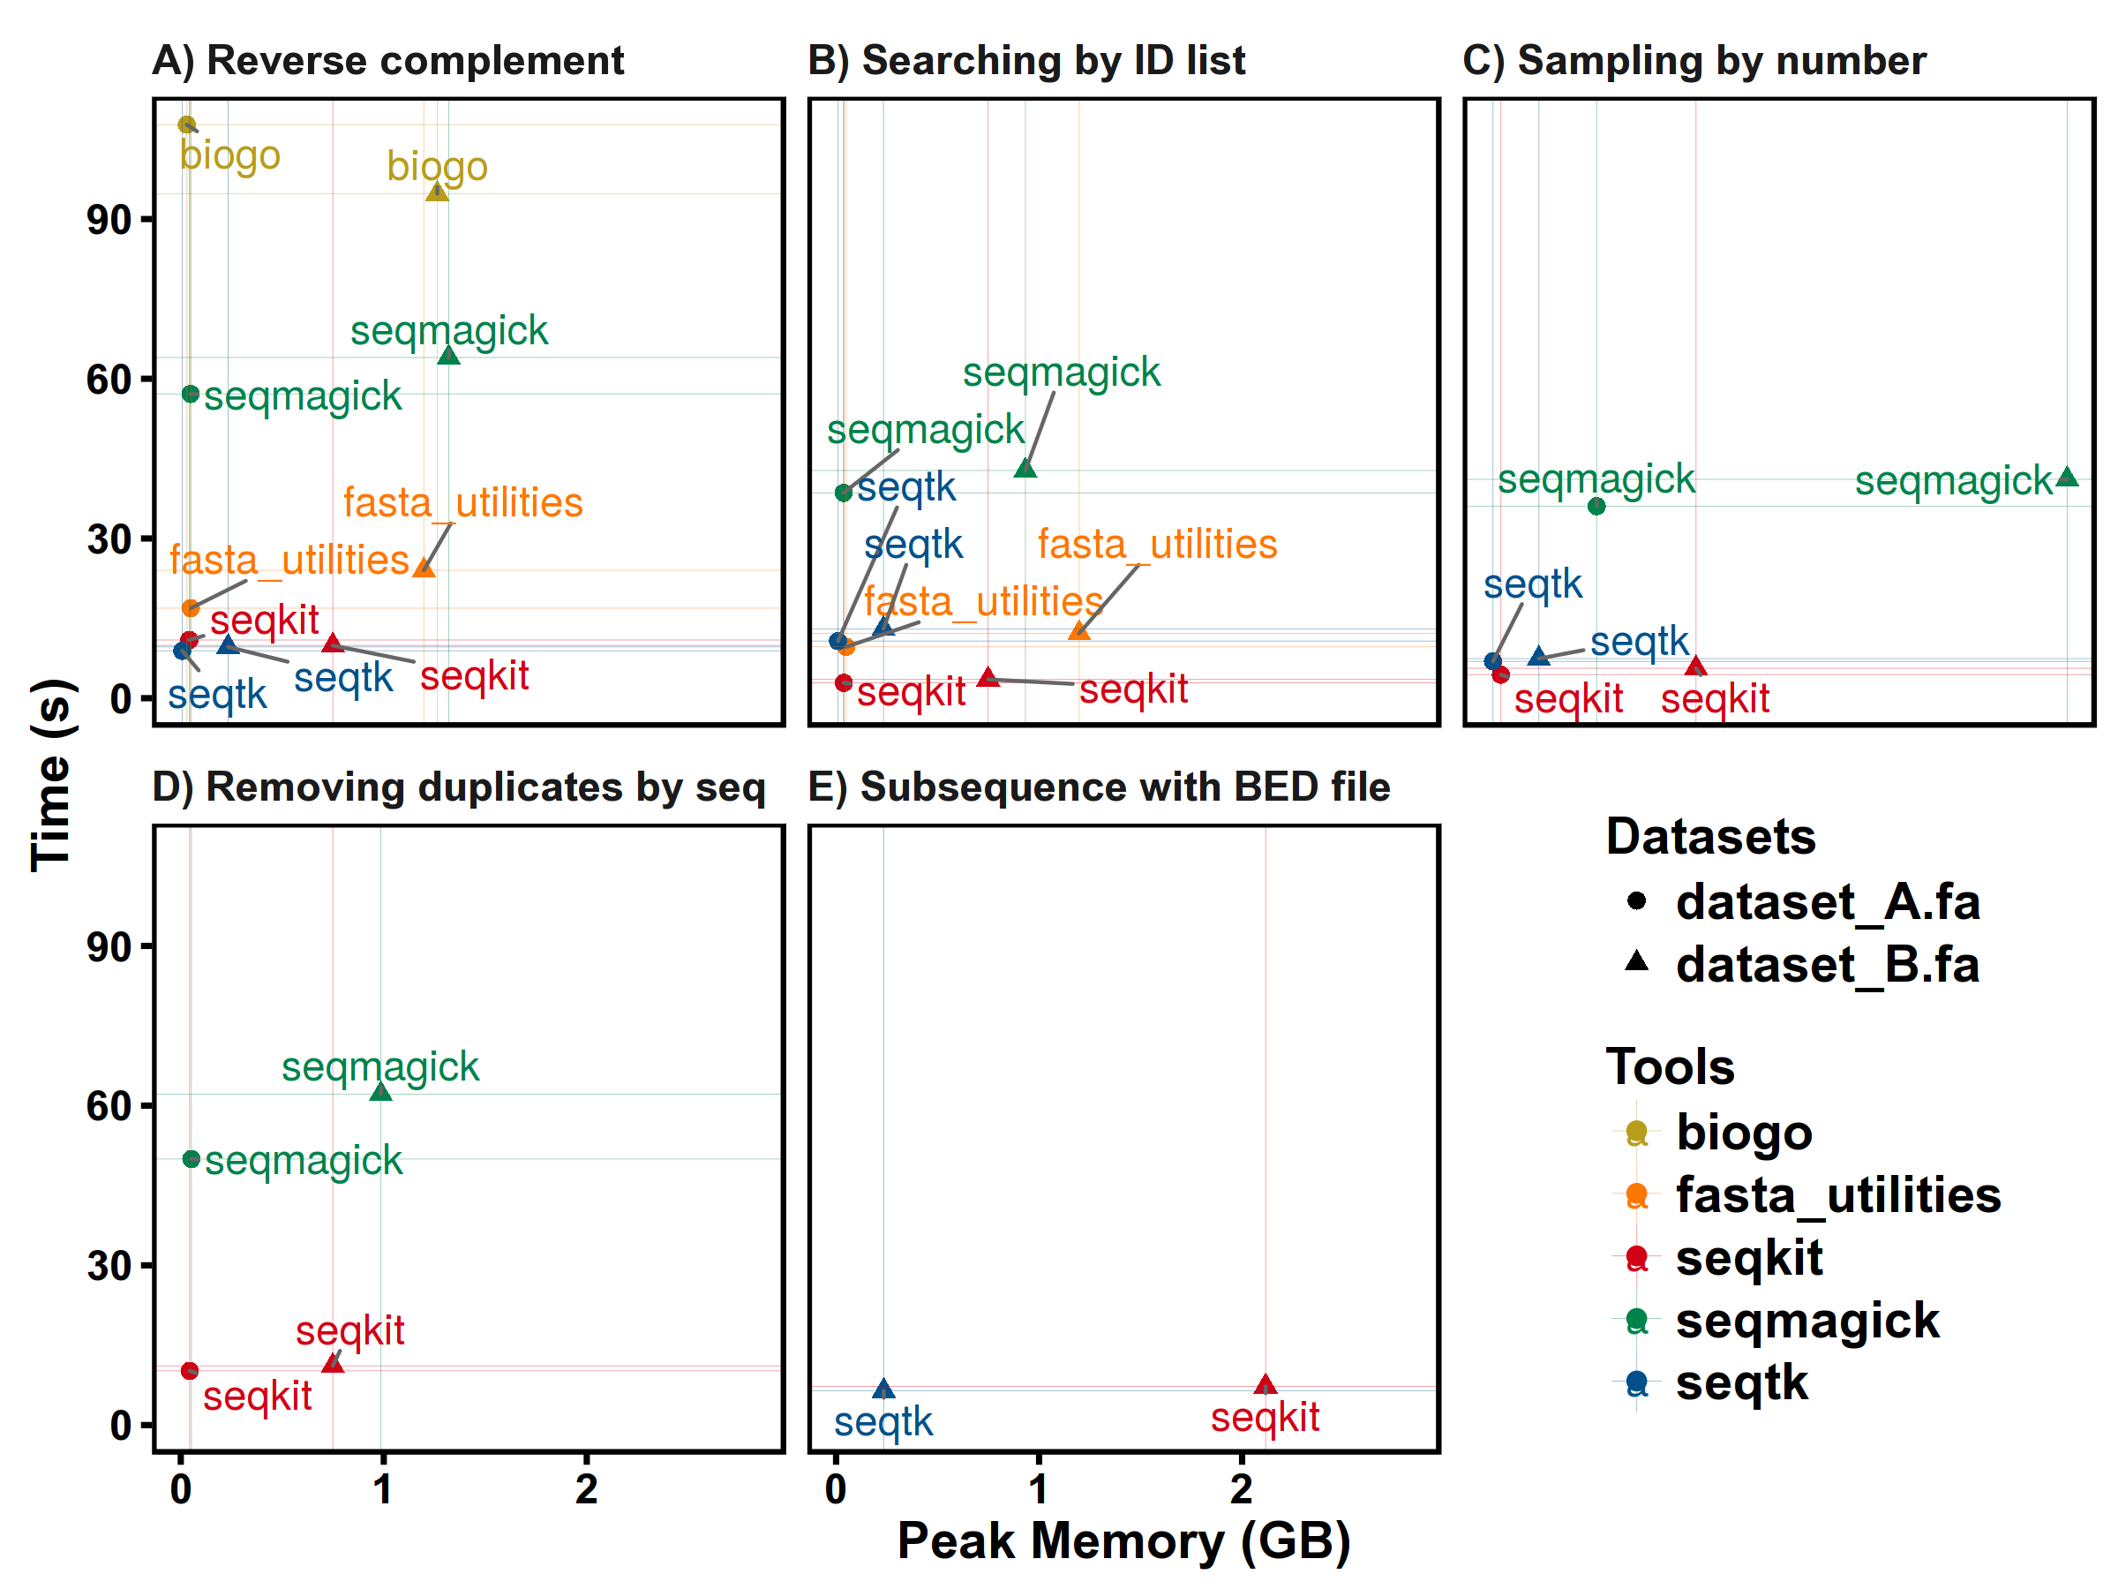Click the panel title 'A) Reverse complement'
click(387, 60)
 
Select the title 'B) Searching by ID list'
click(1025, 60)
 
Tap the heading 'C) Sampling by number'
click(1694, 60)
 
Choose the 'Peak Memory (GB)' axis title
click(1123, 1541)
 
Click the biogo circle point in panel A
click(187, 124)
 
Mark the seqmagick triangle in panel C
click(2066, 477)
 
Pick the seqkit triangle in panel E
click(1265, 1385)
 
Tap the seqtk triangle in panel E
click(882, 1389)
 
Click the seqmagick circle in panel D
click(192, 1159)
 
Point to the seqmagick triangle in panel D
click(380, 1092)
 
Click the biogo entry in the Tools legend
click(1743, 1133)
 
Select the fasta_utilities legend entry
click(1836, 1195)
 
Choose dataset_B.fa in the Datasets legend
click(1826, 964)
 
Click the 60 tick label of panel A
click(109, 380)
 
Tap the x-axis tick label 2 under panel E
click(1242, 1489)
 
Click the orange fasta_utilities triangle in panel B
click(1079, 630)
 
